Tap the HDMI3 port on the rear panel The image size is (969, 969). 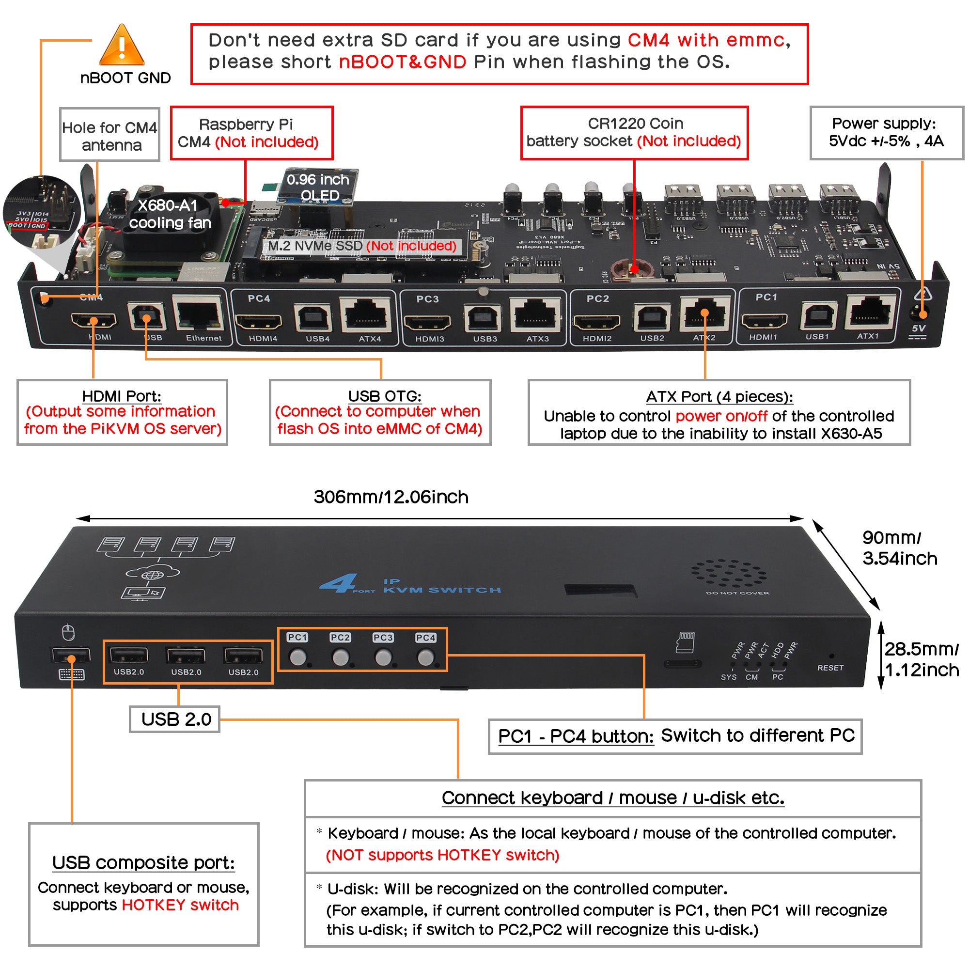427,322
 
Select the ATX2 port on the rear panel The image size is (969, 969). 704,313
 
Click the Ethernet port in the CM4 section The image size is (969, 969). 198,313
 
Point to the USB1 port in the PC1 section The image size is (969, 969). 818,316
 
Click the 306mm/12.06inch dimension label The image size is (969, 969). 391,497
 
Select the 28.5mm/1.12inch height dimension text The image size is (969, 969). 921,659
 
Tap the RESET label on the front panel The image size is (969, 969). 830,668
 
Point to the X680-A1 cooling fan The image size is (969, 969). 166,220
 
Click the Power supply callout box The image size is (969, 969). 886,132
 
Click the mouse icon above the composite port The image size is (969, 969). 69,632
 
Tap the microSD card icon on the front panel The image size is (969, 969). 685,642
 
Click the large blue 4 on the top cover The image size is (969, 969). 338,583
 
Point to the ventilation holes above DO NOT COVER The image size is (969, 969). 728,573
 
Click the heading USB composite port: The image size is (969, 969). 143,862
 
